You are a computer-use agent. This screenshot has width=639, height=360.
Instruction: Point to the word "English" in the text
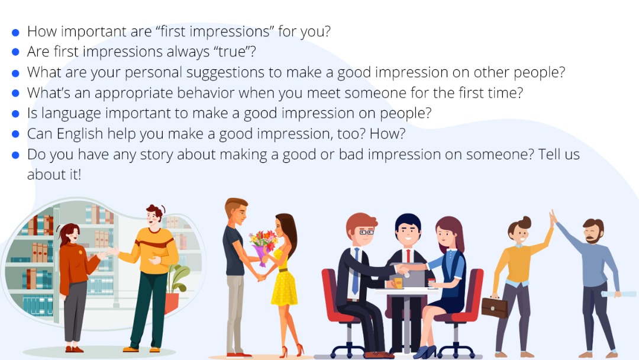79,134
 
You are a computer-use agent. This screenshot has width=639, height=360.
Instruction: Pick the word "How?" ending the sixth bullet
387,134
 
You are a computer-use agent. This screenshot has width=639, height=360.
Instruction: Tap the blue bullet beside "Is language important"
15,114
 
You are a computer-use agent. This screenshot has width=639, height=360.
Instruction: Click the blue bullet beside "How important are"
15,32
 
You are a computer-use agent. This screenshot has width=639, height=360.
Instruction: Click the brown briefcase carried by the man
495,307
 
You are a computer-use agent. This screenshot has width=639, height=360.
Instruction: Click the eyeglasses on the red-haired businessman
366,232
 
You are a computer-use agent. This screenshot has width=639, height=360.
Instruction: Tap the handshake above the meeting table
404,268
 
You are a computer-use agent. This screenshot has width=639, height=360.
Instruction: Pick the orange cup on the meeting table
398,282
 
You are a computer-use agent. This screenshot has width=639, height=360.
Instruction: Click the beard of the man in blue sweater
592,238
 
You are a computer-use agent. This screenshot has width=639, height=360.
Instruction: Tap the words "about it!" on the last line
54,175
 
